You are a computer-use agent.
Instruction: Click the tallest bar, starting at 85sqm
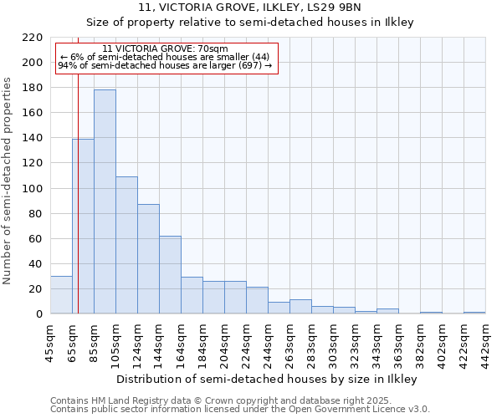[x=105, y=201]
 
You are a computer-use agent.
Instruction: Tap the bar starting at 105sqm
[x=126, y=245]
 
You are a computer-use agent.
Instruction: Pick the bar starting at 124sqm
[x=148, y=258]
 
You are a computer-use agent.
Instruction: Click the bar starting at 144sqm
[x=170, y=274]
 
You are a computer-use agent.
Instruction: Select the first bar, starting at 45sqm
[x=61, y=295]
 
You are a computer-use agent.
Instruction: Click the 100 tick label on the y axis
[x=33, y=189]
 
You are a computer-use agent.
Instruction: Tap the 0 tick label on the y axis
[x=39, y=314]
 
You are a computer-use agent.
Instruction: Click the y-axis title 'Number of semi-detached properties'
[x=8, y=181]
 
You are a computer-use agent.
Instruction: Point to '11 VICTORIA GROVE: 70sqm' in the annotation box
[x=165, y=48]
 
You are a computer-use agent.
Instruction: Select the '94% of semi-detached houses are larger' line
[x=165, y=65]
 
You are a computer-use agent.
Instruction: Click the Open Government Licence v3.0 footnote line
[x=240, y=410]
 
